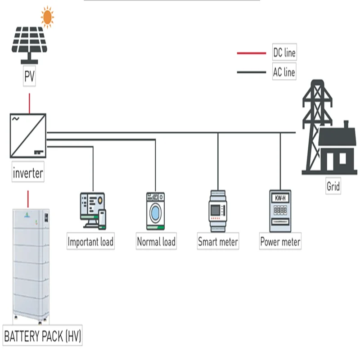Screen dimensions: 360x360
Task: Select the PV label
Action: point(29,77)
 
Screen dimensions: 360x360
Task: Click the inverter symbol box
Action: point(28,135)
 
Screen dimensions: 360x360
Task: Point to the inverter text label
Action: point(28,173)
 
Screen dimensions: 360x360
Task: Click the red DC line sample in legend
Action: point(252,53)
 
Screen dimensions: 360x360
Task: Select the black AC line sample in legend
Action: point(252,72)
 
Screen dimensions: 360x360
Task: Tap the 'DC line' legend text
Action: point(284,53)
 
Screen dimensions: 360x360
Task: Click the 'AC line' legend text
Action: point(284,72)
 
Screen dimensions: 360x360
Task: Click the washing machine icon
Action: point(155,211)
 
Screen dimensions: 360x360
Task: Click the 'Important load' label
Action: point(90,242)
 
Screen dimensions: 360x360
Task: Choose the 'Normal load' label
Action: point(156,242)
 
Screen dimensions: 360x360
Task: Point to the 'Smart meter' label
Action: point(218,242)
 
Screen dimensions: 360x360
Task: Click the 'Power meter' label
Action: point(280,242)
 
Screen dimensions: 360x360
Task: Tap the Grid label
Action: point(333,186)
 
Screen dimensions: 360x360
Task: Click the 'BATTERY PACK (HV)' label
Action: point(43,336)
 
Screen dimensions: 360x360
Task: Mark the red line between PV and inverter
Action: point(29,103)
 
